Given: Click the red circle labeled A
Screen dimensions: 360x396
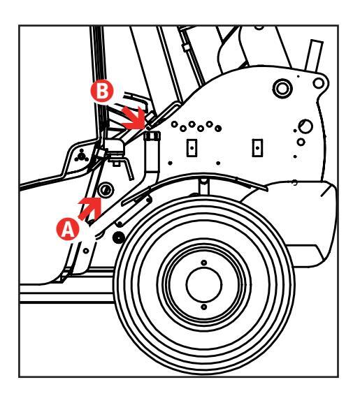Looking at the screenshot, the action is (x=68, y=229).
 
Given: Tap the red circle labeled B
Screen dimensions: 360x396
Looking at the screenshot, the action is (x=102, y=91).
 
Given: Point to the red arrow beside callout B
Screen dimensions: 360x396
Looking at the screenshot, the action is (x=134, y=118).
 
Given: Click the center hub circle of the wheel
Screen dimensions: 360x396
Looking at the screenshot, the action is (x=204, y=285).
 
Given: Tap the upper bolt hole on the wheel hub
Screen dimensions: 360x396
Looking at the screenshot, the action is (x=204, y=263).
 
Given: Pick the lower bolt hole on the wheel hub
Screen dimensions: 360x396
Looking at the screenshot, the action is (x=204, y=307).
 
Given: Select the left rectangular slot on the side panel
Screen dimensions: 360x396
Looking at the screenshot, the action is (x=192, y=148).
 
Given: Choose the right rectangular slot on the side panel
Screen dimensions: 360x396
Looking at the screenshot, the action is (x=257, y=148).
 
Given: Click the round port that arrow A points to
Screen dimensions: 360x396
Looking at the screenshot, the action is (x=106, y=190).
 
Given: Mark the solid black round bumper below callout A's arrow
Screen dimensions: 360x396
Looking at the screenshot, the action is (x=118, y=237).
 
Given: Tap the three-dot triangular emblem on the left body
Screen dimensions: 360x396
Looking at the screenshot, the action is (x=81, y=156).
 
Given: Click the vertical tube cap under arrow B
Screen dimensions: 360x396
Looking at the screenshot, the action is (x=152, y=136).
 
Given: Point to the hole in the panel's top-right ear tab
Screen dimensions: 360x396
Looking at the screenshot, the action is (x=318, y=83).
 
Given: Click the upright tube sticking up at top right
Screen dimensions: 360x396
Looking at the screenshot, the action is (x=314, y=54).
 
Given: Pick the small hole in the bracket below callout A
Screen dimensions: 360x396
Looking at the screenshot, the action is (x=86, y=251).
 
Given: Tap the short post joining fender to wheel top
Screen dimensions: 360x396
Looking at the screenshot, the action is (x=203, y=186).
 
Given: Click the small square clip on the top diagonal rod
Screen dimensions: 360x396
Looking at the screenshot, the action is (x=186, y=47).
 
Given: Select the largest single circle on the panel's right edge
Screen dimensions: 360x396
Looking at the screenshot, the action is (x=305, y=126).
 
